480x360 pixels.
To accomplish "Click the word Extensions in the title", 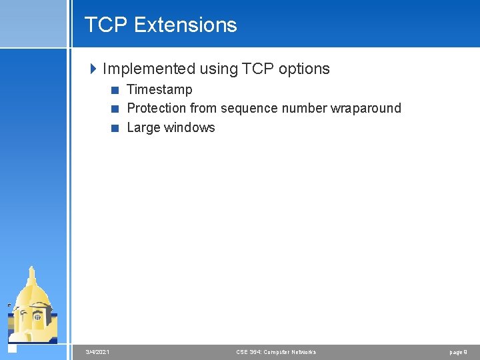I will coord(185,25).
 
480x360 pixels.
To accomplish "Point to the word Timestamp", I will coord(159,89).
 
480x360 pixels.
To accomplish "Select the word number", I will coord(303,108).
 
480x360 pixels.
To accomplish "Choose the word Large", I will coord(143,127).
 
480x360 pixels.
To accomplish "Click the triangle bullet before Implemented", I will coord(93,69).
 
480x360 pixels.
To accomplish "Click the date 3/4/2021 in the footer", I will coord(98,352).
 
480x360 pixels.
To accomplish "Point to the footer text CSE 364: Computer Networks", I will coord(276,352).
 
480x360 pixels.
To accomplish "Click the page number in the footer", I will coord(459,352).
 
